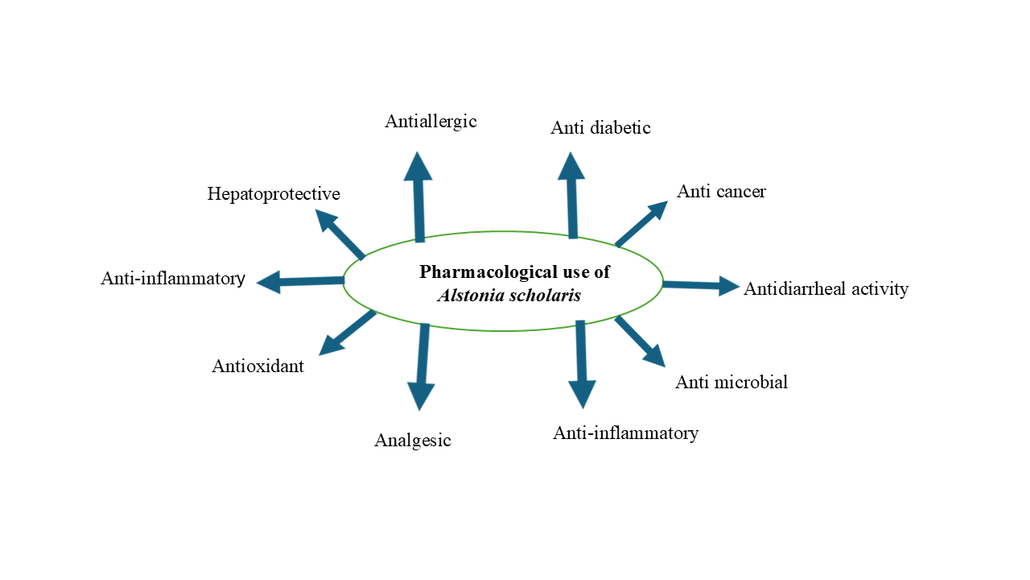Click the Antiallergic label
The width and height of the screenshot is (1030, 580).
(x=431, y=122)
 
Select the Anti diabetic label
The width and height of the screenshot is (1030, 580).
(x=600, y=128)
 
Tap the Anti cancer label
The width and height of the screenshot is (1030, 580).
(x=721, y=192)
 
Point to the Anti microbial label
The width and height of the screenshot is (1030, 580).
(x=731, y=383)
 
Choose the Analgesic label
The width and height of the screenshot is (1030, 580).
(x=413, y=441)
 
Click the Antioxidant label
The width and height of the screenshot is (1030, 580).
(x=257, y=367)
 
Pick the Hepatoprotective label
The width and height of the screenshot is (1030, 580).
(x=274, y=194)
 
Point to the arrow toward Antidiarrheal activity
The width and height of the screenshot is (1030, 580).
(x=700, y=284)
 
